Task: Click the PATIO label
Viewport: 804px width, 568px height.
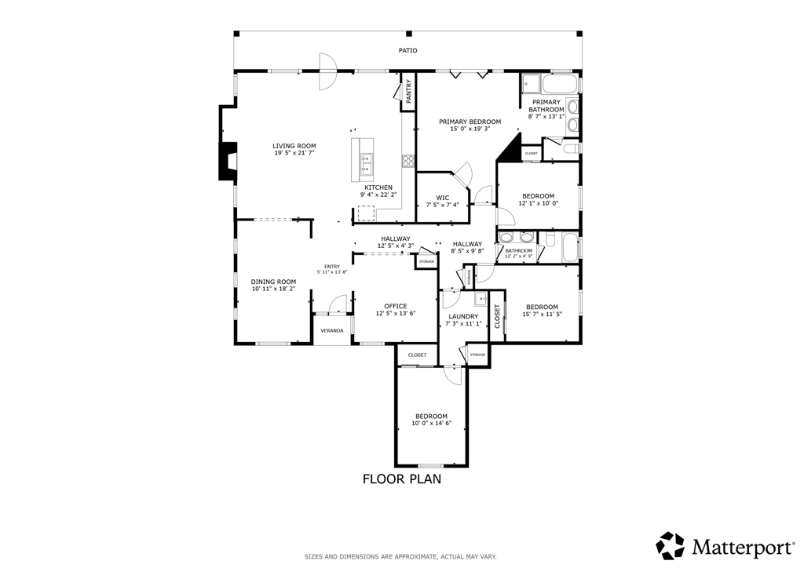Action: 408,51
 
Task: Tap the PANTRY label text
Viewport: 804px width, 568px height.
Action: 408,91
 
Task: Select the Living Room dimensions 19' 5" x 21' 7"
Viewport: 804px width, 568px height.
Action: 294,153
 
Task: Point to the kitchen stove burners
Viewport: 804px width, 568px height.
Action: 407,162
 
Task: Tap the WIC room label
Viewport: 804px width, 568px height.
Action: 443,198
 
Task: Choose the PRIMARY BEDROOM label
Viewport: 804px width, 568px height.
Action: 470,122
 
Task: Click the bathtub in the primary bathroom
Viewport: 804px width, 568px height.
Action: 560,83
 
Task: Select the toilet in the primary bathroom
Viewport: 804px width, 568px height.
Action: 570,148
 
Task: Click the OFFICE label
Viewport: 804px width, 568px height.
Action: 396,306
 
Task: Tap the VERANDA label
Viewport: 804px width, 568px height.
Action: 332,330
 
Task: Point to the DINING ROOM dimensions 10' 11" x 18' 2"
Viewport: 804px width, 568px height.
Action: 273,289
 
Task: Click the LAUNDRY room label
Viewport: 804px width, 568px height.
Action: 463,316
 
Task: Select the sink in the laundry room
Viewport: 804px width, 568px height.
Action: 481,299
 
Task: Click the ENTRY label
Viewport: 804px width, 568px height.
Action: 332,266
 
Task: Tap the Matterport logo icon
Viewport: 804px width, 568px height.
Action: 671,545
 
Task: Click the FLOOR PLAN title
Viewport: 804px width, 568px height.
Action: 402,479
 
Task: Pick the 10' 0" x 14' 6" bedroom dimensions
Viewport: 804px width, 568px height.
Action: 431,424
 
